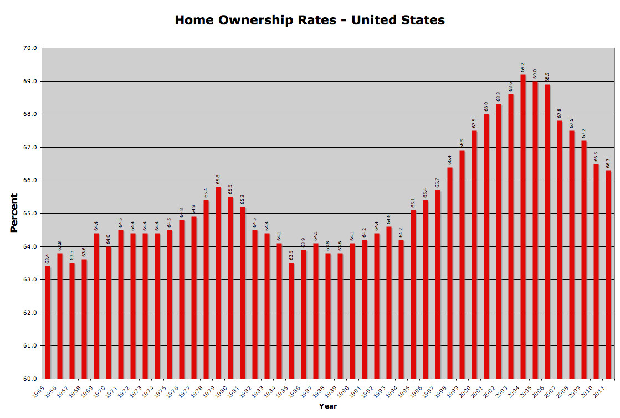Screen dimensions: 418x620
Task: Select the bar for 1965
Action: (x=48, y=323)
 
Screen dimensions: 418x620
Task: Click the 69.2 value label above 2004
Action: (x=523, y=68)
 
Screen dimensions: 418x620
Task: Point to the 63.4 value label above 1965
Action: (x=48, y=259)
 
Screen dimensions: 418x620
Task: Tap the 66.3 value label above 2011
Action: (x=608, y=163)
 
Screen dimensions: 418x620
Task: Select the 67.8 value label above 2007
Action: (x=560, y=113)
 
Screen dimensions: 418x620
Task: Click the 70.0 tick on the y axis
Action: (x=31, y=48)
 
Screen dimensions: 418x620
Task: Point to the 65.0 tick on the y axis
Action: (x=31, y=214)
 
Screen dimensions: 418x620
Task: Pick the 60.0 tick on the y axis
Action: (x=31, y=379)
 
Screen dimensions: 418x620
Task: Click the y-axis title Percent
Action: (x=14, y=213)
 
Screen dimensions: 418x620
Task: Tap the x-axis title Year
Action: (x=327, y=406)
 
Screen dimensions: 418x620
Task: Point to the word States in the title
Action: (x=423, y=21)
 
